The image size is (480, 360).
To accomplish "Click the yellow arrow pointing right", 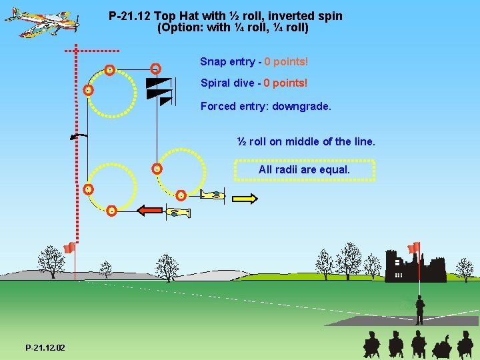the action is pyautogui.click(x=245, y=198).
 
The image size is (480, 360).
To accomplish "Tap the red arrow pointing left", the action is pyautogui.click(x=150, y=211).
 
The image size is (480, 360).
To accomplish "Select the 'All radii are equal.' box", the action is pyautogui.click(x=304, y=170).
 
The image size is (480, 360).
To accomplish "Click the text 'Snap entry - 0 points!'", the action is pyautogui.click(x=254, y=61).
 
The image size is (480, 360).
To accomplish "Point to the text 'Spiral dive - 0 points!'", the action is pyautogui.click(x=254, y=83).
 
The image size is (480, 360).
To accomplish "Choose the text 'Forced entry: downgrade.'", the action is pyautogui.click(x=265, y=106).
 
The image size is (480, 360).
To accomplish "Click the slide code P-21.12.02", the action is pyautogui.click(x=45, y=348).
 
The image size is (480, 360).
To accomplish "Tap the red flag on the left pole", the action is pyautogui.click(x=69, y=249).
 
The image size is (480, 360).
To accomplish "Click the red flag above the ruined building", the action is pyautogui.click(x=414, y=247).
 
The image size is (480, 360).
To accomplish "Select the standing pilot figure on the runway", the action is pyautogui.click(x=419, y=311).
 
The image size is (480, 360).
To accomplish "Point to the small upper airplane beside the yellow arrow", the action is pyautogui.click(x=214, y=195).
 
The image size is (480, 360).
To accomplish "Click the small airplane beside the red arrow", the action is pyautogui.click(x=179, y=213).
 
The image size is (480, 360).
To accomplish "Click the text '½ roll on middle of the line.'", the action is pyautogui.click(x=307, y=141).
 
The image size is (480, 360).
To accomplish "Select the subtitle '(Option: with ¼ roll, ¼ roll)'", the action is pyautogui.click(x=233, y=28).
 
